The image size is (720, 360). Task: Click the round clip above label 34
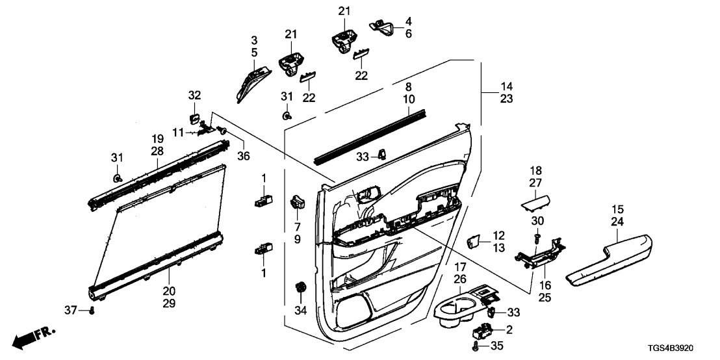pos(300,287)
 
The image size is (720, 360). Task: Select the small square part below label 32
pos(194,118)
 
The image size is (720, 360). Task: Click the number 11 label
pos(179,133)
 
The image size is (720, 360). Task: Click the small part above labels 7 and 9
pos(298,201)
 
